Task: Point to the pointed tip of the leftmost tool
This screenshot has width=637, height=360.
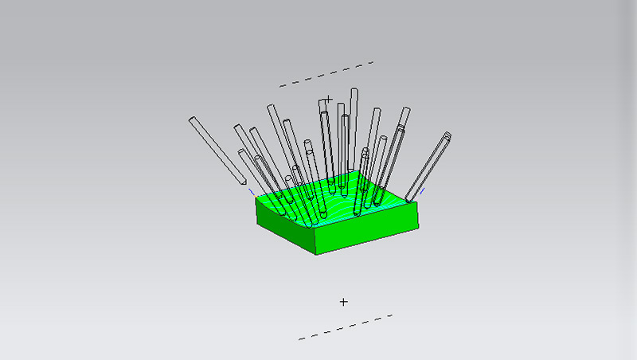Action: tap(241, 185)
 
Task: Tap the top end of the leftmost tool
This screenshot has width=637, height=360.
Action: tap(193, 120)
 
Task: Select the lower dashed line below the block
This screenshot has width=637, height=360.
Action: tap(346, 327)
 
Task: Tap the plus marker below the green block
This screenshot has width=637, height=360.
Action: tap(344, 302)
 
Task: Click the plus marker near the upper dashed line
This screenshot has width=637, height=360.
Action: tap(328, 100)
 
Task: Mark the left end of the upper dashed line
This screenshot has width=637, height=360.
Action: tap(280, 85)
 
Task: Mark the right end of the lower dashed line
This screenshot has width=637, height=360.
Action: tap(392, 315)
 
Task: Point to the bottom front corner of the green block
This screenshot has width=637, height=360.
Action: tap(316, 253)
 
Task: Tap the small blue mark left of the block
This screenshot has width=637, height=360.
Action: tap(252, 191)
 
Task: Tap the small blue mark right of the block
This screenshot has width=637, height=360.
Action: tap(421, 190)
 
